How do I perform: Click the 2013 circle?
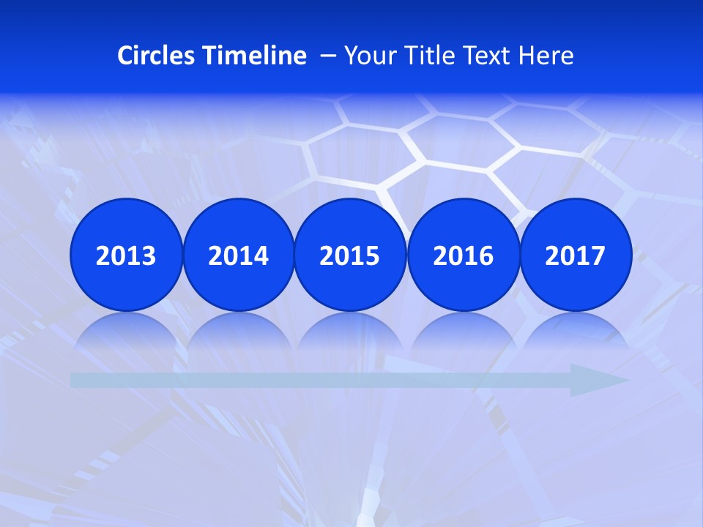tap(126, 255)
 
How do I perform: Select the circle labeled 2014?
tap(238, 255)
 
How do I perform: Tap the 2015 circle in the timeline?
tap(350, 255)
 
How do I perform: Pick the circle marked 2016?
tap(464, 255)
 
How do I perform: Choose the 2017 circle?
tap(576, 255)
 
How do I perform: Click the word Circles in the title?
tap(157, 56)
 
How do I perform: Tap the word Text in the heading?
tap(489, 56)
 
